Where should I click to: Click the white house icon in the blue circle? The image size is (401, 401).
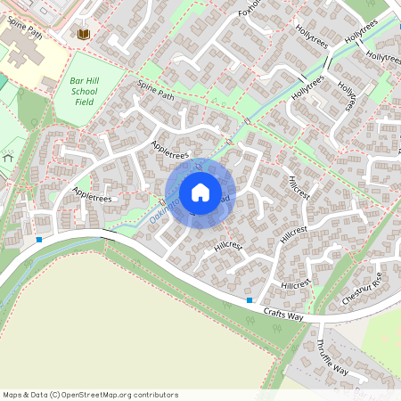tap(200, 192)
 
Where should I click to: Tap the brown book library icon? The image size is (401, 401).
tap(85, 34)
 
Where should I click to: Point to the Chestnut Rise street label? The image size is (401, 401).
tap(364, 291)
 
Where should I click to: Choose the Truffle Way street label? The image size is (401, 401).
tap(332, 356)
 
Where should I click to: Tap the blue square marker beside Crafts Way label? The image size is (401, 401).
tap(250, 301)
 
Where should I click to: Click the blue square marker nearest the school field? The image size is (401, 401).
tap(39, 239)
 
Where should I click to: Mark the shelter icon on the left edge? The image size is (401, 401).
tap(8, 157)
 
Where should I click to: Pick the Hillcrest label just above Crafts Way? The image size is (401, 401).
tap(294, 284)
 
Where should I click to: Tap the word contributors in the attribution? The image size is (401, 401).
tap(153, 394)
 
